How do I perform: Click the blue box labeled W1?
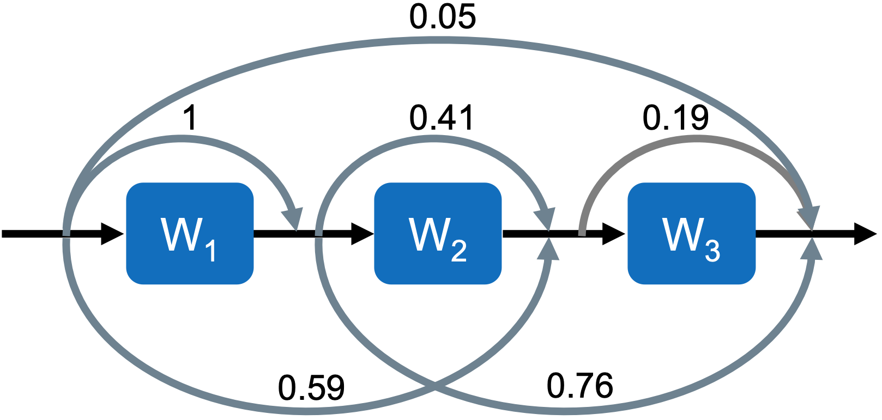(190, 233)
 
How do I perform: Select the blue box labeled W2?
(438, 233)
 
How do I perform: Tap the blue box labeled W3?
(691, 233)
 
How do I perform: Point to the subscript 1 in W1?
(210, 251)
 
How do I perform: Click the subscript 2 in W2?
(458, 251)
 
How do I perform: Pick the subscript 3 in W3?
(712, 251)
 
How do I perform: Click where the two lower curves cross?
(435, 387)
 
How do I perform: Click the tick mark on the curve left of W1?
(67, 237)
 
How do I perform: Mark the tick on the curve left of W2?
(319, 237)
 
